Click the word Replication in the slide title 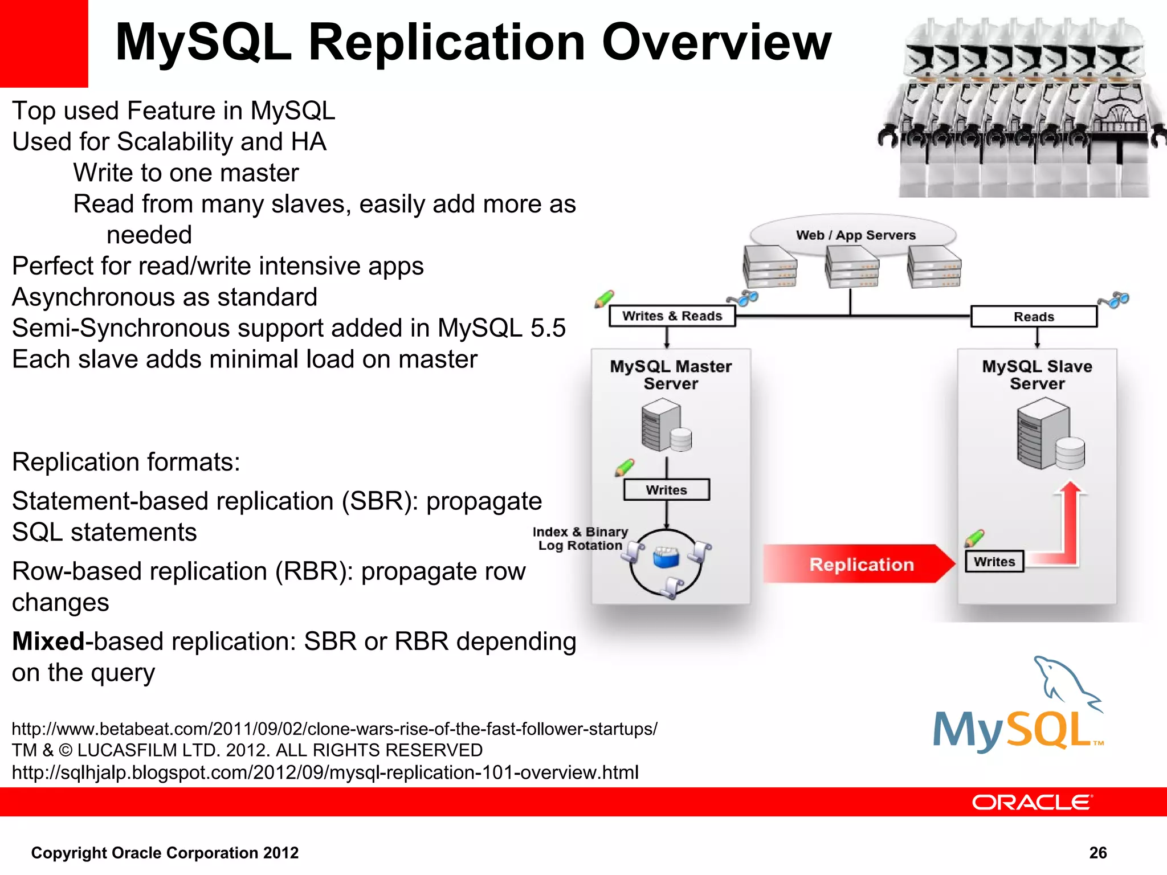[x=447, y=43]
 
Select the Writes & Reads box [x=672, y=316]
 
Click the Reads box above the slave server [x=1033, y=317]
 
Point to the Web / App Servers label [x=855, y=235]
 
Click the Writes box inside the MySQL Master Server [x=666, y=490]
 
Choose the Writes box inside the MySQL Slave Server [x=994, y=562]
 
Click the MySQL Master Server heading [x=671, y=375]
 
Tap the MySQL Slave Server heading [x=1037, y=375]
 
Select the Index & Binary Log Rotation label [x=580, y=538]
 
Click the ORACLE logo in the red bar [x=1032, y=802]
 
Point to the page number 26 [x=1097, y=853]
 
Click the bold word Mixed [x=48, y=641]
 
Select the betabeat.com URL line [x=334, y=729]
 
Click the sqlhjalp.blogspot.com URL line [x=325, y=772]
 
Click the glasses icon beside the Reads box [x=1114, y=300]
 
